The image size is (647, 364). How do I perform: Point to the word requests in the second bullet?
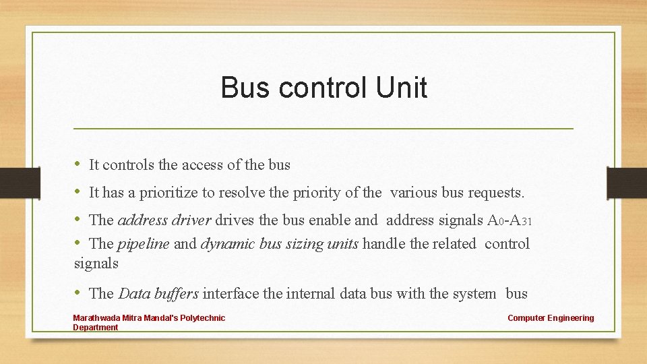497,193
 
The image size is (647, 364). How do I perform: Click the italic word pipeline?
144,244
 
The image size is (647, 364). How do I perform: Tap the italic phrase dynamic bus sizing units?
280,244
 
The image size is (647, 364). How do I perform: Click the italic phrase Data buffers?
158,294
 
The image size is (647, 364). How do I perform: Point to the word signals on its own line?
96,264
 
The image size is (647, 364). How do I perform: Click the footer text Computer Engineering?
551,318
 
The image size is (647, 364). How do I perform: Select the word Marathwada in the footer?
96,318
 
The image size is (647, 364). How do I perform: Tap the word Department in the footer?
95,328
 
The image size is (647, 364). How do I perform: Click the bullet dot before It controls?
78,164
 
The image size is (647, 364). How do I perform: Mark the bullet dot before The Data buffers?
78,293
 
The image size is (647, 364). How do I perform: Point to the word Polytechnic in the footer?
203,318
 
